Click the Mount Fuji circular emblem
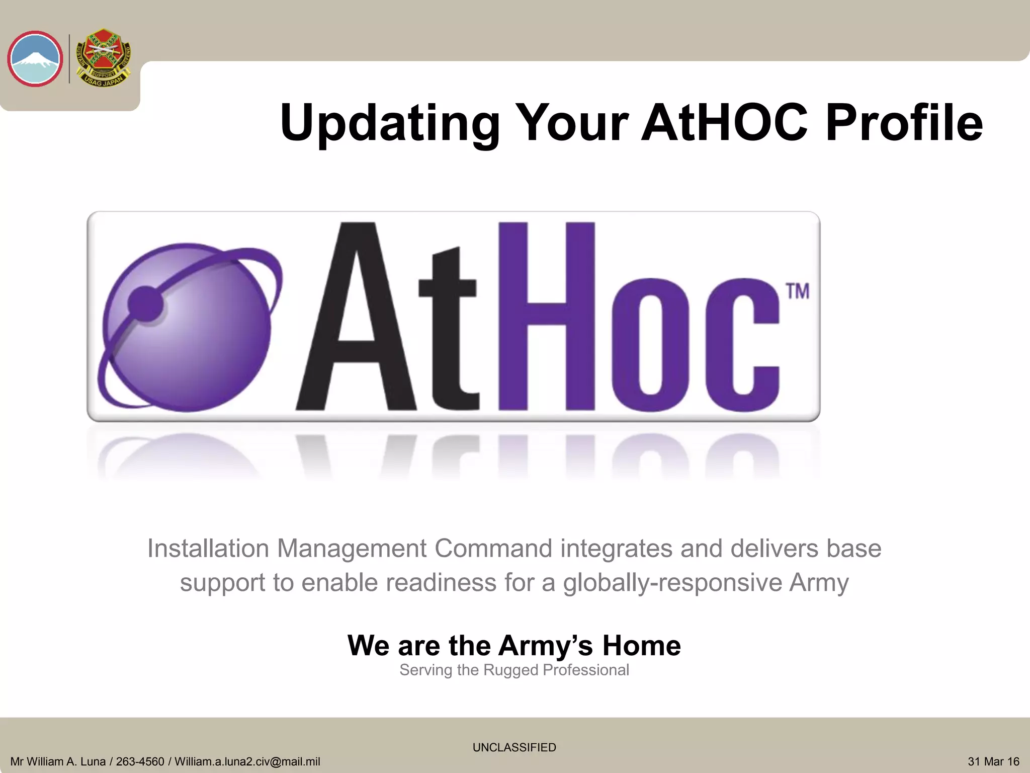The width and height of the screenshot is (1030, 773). (35, 59)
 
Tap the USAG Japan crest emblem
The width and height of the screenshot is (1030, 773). (103, 58)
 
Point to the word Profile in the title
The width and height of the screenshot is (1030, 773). (904, 122)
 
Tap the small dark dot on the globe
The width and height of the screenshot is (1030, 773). (145, 303)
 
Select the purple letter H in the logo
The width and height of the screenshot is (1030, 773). (547, 317)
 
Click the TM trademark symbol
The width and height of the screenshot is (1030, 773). (797, 291)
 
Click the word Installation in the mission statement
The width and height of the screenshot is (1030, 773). (208, 548)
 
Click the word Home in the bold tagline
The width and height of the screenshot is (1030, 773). (641, 645)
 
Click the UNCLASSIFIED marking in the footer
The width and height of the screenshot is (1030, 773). (514, 747)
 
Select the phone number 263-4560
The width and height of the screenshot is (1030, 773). (140, 762)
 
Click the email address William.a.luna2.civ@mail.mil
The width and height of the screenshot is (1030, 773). (247, 762)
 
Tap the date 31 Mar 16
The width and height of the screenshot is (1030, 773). (993, 762)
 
